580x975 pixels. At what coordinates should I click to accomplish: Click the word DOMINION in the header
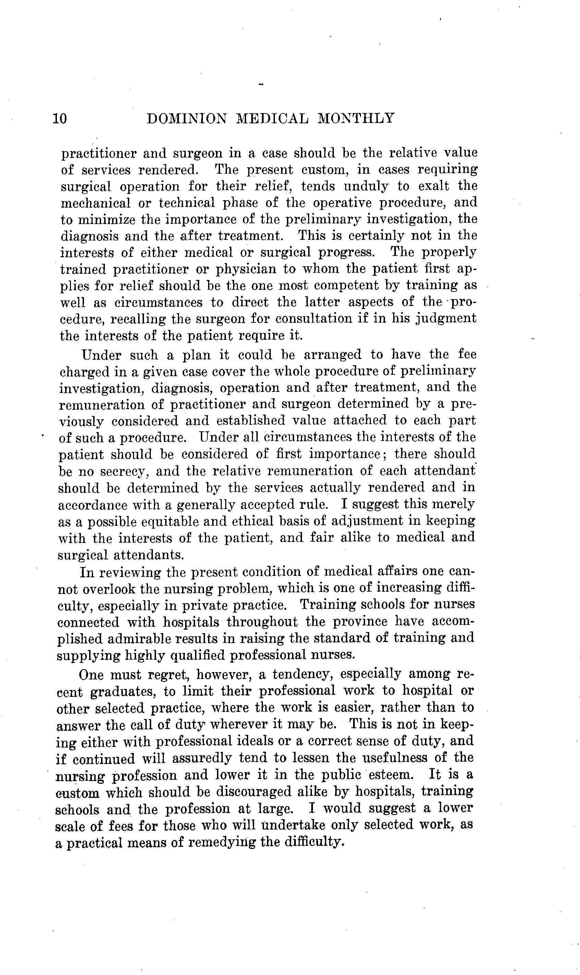point(187,118)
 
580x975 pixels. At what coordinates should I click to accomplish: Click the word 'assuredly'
point(202,758)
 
